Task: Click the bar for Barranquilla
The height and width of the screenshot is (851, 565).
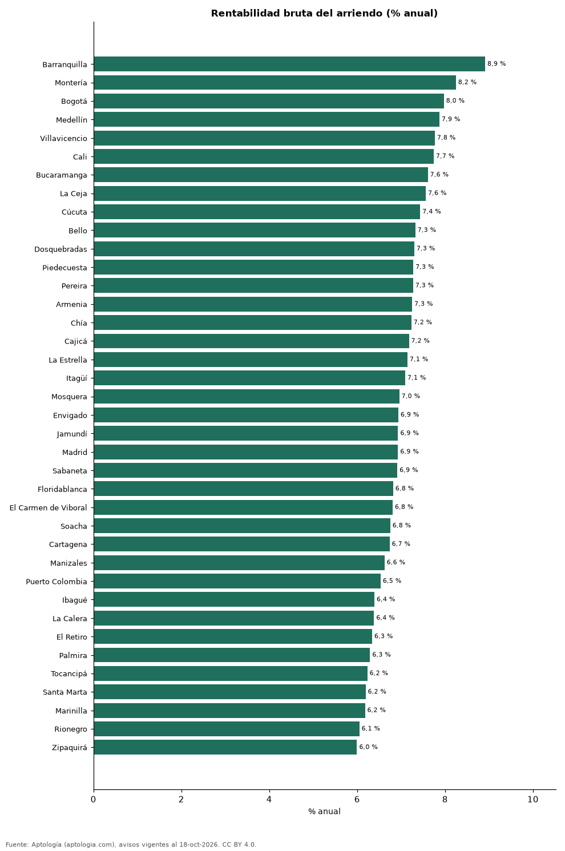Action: click(x=289, y=64)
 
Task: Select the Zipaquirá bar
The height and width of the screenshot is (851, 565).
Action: click(x=225, y=747)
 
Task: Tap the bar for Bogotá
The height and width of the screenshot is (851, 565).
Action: click(x=269, y=100)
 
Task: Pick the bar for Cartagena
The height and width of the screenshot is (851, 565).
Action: click(x=241, y=544)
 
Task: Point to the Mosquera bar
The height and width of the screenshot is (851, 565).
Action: click(x=247, y=396)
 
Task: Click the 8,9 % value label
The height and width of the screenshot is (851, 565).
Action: click(x=496, y=63)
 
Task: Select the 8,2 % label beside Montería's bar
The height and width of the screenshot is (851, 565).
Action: click(x=467, y=82)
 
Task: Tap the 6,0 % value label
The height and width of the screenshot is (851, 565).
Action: click(x=368, y=747)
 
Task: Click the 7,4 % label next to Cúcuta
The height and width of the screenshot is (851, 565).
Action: click(x=431, y=211)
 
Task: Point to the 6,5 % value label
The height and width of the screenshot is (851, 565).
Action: click(x=392, y=580)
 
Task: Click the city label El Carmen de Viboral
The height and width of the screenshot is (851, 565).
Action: click(x=49, y=507)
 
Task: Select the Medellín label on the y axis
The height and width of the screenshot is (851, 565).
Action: click(x=71, y=120)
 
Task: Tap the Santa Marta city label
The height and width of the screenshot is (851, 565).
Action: click(x=65, y=692)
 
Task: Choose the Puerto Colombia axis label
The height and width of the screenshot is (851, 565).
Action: click(x=56, y=582)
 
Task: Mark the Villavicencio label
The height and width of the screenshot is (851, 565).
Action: click(x=63, y=139)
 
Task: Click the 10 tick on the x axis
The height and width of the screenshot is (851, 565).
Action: click(x=532, y=799)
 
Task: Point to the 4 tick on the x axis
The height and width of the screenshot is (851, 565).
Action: click(x=269, y=799)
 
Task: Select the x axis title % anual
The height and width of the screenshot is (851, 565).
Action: click(x=324, y=812)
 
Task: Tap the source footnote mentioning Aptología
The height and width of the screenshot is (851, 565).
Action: click(x=131, y=845)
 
